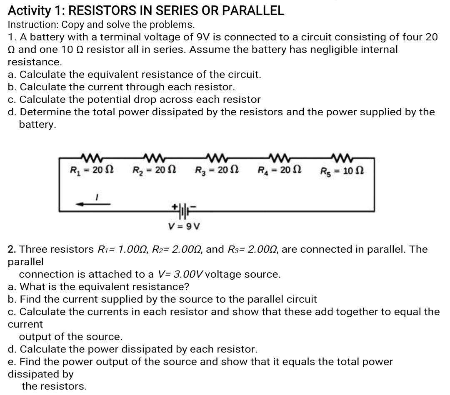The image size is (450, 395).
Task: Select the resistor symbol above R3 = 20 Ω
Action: (217, 157)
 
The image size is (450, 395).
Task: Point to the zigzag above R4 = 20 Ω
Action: (279, 157)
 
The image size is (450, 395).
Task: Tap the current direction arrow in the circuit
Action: (93, 204)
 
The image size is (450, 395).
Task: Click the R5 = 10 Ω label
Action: (342, 171)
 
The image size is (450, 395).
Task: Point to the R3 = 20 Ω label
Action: (216, 170)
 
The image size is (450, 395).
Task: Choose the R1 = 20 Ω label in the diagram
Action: (92, 170)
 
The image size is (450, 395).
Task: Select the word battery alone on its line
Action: (37, 124)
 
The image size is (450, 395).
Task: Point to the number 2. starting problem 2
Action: (12, 249)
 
